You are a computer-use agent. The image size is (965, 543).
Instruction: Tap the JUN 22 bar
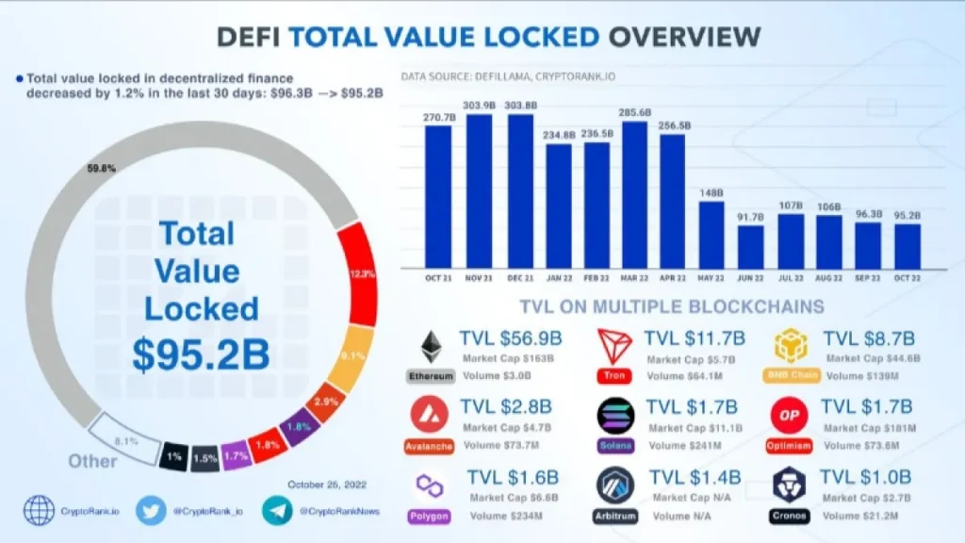point(750,246)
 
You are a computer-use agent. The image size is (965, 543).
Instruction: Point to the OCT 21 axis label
point(438,278)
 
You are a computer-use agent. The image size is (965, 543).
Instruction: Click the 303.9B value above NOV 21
point(479,105)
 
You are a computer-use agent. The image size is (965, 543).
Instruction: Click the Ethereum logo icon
point(431,346)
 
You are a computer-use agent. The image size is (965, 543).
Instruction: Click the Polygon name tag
point(429,516)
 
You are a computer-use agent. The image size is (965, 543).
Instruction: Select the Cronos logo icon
point(789,484)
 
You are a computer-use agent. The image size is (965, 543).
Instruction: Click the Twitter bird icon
point(151,510)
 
